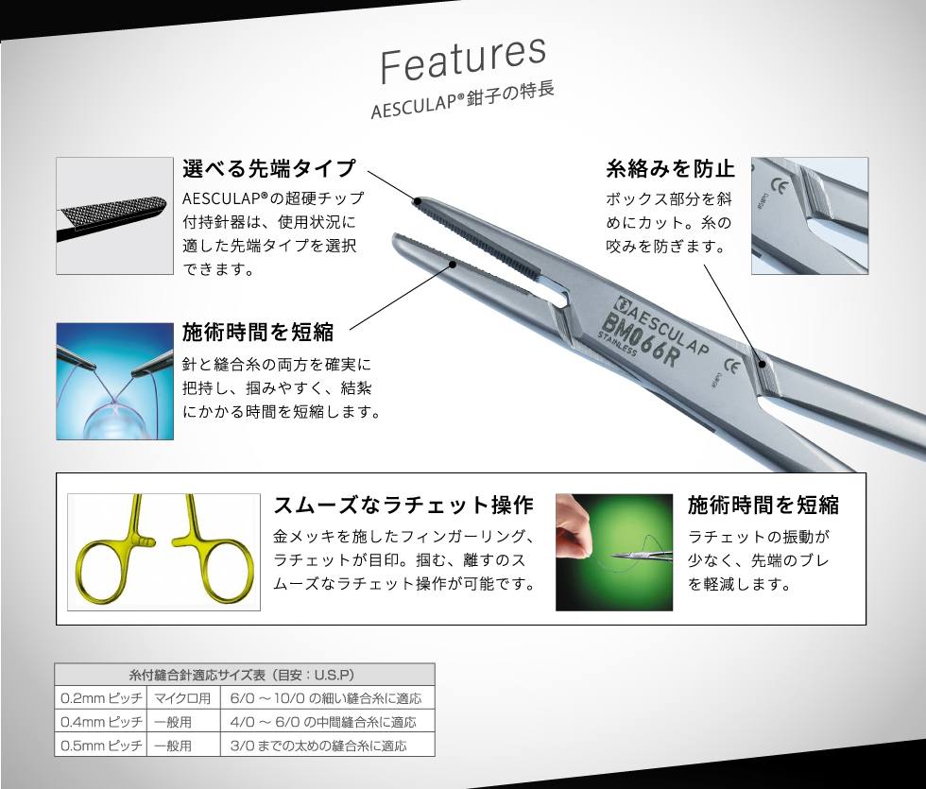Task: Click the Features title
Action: tap(463, 59)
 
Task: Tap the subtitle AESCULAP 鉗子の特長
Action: tap(462, 101)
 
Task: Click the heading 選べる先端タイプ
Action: tap(269, 168)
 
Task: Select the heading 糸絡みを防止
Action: tap(670, 169)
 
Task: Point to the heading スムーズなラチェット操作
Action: tap(404, 505)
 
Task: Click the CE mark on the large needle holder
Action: tap(732, 367)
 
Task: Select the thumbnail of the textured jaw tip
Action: tap(114, 215)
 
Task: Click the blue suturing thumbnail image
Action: tap(114, 381)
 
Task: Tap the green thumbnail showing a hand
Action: tap(614, 552)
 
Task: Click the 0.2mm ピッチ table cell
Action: tap(101, 698)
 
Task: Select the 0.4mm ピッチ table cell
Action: tap(101, 722)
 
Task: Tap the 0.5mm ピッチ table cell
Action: tap(101, 746)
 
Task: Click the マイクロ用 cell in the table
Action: tap(183, 698)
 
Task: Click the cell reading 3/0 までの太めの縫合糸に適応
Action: tap(319, 746)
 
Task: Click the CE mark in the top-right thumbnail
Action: tap(780, 188)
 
